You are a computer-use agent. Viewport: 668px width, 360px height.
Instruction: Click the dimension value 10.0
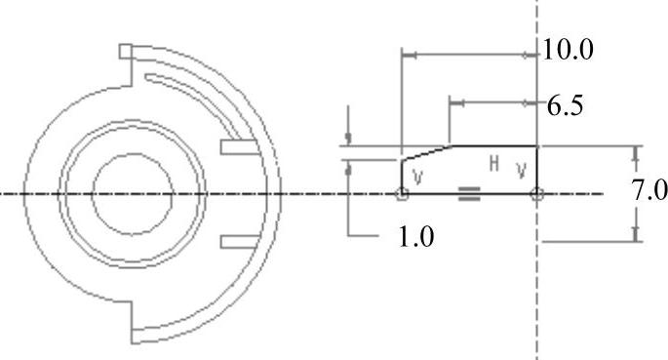568,50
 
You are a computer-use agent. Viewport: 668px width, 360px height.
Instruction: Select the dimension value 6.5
565,106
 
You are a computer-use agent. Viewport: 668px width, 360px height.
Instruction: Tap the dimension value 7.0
648,190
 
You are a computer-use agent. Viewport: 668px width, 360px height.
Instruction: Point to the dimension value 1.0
416,237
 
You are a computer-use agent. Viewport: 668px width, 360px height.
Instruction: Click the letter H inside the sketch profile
494,164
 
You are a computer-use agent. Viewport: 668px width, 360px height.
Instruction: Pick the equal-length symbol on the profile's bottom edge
469,194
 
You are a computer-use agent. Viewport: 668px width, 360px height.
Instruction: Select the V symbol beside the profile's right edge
521,171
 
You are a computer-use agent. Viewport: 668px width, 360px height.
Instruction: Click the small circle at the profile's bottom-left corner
402,194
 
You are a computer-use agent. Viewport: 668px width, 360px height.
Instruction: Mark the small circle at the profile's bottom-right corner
536,194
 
